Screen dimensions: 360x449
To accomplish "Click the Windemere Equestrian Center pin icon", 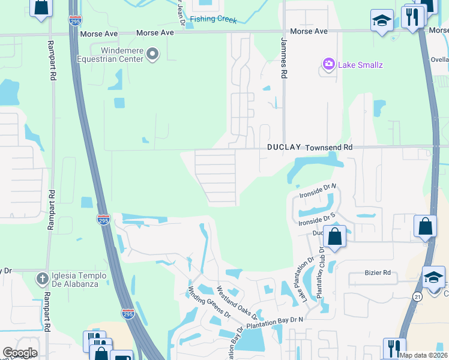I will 152,55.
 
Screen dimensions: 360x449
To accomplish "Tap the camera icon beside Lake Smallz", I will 328,64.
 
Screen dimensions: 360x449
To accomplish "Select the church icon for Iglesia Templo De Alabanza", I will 42,278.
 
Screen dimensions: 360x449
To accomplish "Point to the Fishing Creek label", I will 214,19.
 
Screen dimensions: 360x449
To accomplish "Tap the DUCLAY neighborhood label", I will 284,147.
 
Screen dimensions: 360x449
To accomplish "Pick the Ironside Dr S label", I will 316,218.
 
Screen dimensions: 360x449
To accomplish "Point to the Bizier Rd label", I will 378,272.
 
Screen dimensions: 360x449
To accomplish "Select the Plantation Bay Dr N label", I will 274,322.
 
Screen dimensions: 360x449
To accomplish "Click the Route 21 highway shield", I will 417,296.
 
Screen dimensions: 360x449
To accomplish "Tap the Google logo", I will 19,353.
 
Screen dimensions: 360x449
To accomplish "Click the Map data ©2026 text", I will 423,355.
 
